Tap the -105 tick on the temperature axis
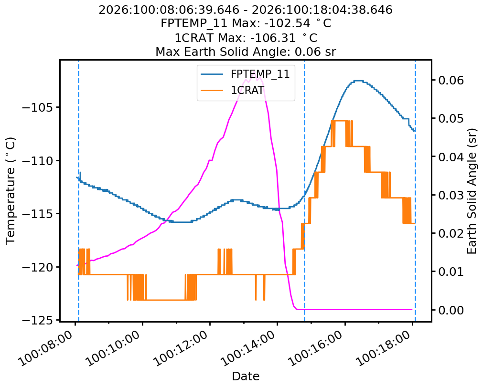(39, 107)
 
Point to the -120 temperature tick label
(39, 267)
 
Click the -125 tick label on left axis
(39, 320)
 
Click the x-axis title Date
(246, 377)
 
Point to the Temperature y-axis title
(11, 190)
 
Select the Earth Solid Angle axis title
(472, 190)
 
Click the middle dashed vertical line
(304, 191)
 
